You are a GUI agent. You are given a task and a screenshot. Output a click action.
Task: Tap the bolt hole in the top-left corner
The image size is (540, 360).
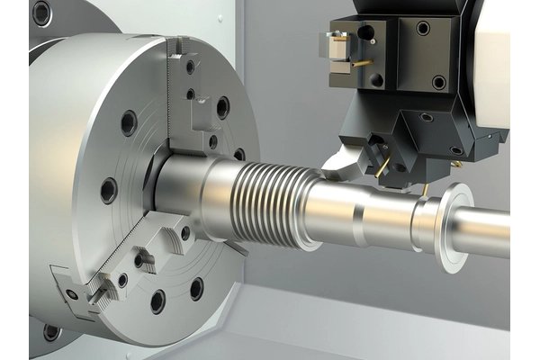pos(41,13)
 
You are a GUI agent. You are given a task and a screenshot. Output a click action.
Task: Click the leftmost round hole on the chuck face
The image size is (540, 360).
pos(108,190)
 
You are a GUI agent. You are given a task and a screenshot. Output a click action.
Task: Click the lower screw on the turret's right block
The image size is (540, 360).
pos(438,82)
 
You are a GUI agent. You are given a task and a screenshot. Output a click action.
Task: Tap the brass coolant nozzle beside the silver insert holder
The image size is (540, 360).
pos(362,63)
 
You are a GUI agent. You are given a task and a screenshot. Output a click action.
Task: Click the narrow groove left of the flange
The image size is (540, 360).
pos(416,225)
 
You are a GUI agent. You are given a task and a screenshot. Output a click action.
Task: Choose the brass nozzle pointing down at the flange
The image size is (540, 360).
pos(424,190)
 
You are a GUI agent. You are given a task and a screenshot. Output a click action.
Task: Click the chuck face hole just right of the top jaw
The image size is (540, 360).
pos(222,108)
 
